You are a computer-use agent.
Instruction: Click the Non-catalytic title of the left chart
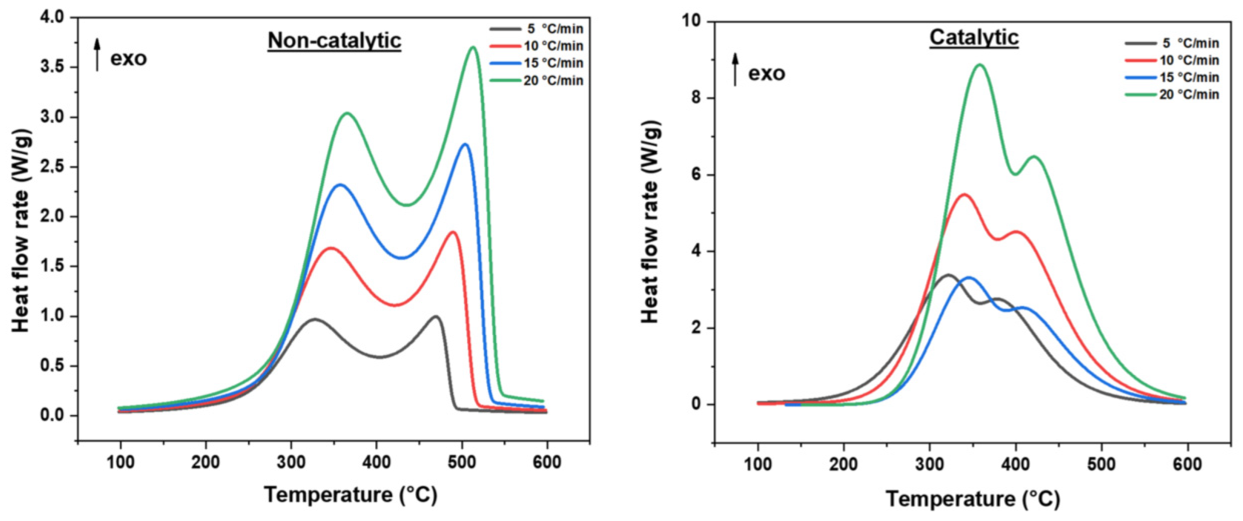[x=334, y=40]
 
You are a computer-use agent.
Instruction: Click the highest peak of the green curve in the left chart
[x=473, y=47]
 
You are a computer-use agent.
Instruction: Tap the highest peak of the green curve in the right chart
[x=980, y=65]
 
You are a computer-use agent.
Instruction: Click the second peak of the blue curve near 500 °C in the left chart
[x=465, y=144]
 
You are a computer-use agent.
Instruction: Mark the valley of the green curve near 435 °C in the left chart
[x=407, y=205]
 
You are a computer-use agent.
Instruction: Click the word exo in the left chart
[x=128, y=58]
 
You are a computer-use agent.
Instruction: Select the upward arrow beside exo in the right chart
[x=735, y=70]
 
